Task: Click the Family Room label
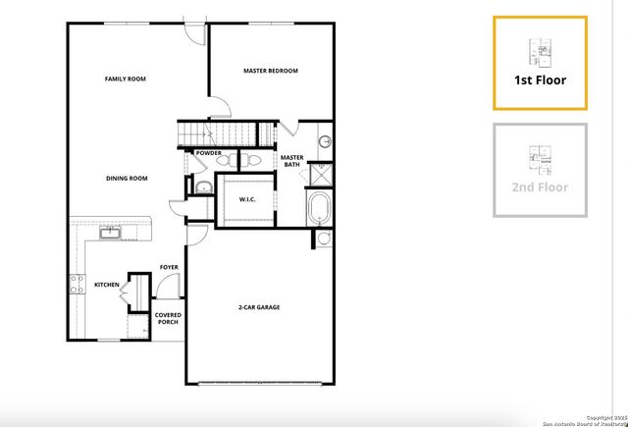pos(126,79)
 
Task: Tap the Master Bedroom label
pos(270,71)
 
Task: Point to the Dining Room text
pos(127,179)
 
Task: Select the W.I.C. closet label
pos(248,199)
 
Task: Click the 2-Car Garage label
pos(259,308)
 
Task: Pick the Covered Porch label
pos(168,319)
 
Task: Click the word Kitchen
pos(106,285)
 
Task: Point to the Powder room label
pos(208,153)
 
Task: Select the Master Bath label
pos(291,161)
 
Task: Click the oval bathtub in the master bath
pos(320,208)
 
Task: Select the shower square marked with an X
pos(321,175)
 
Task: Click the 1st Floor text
pos(540,80)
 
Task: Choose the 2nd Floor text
pos(540,187)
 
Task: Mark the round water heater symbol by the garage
pos(324,238)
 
